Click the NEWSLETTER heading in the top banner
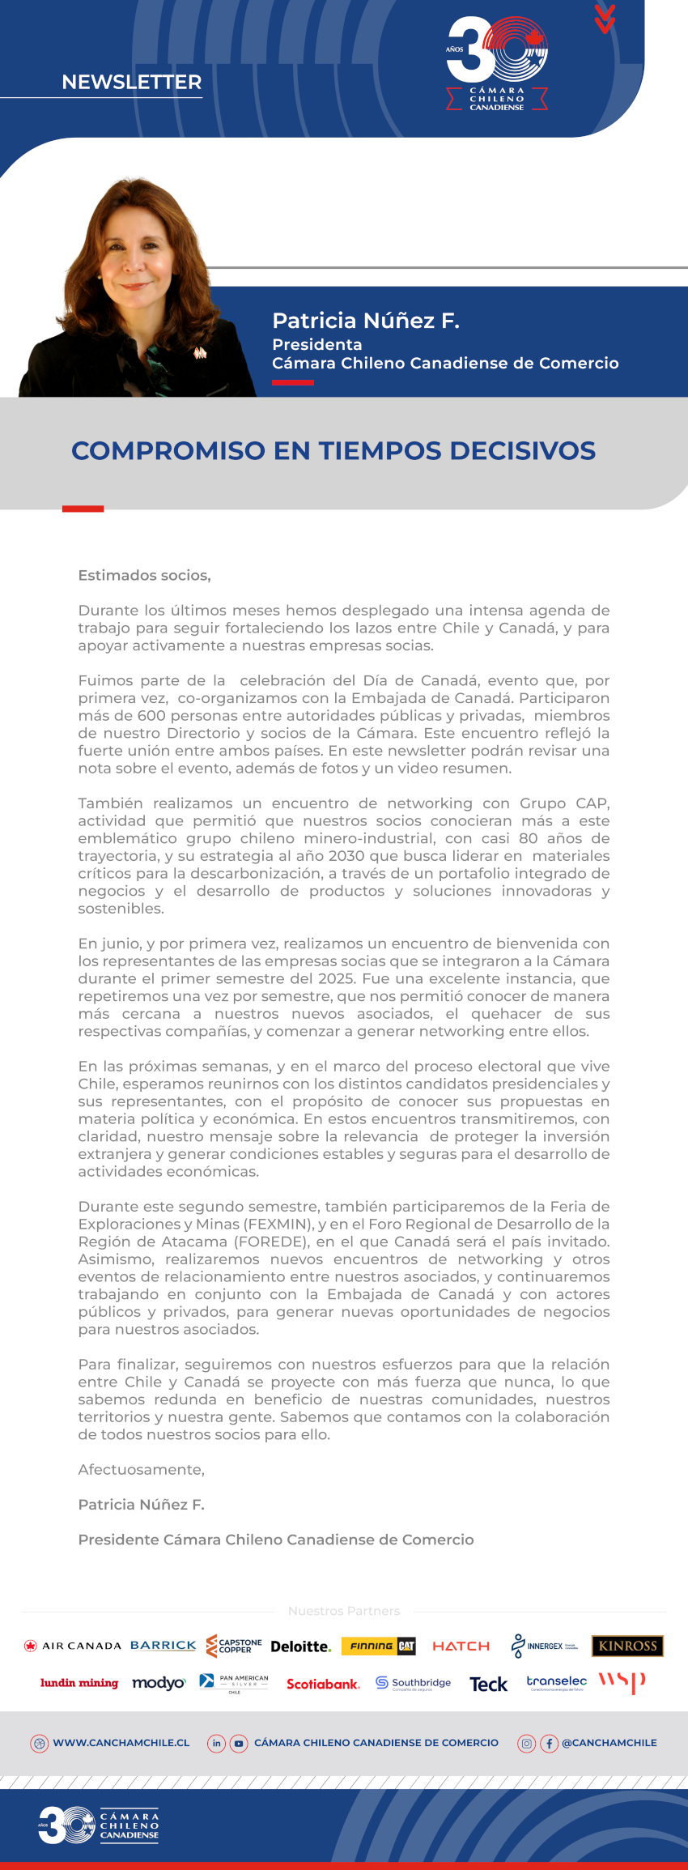pyautogui.click(x=131, y=82)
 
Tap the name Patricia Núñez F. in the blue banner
pyautogui.click(x=365, y=321)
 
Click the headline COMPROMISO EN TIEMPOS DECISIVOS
pyautogui.click(x=333, y=450)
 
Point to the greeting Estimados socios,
pyautogui.click(x=144, y=575)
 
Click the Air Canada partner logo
pyautogui.click(x=73, y=1646)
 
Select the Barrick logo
pyautogui.click(x=163, y=1645)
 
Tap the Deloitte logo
pyautogui.click(x=300, y=1646)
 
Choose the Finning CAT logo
pyautogui.click(x=379, y=1646)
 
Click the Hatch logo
pyautogui.click(x=461, y=1646)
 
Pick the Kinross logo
pyautogui.click(x=627, y=1646)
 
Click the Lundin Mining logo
pyautogui.click(x=79, y=1683)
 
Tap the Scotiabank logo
pyautogui.click(x=323, y=1684)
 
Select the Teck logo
pyautogui.click(x=488, y=1685)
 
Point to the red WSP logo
pyautogui.click(x=622, y=1682)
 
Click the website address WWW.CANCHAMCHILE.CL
pyautogui.click(x=121, y=1743)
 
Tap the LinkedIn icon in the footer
pyautogui.click(x=216, y=1743)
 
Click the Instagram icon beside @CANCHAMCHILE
pyautogui.click(x=527, y=1743)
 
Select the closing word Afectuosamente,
pyautogui.click(x=141, y=1469)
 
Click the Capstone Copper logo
pyautogui.click(x=234, y=1646)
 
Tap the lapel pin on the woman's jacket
pyautogui.click(x=199, y=352)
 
